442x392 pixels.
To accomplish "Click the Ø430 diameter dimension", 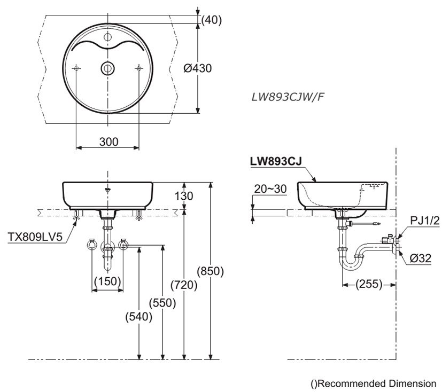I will pyautogui.click(x=197, y=68).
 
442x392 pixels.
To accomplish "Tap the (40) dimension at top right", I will pyautogui.click(x=211, y=20).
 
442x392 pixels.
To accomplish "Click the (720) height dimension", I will pyautogui.click(x=184, y=285).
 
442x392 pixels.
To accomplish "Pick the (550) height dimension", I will pyautogui.click(x=163, y=303).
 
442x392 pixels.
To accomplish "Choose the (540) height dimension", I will pyautogui.click(x=139, y=316).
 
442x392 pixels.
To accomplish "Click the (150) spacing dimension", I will pyautogui.click(x=108, y=281).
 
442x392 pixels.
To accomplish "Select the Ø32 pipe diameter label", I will pyautogui.click(x=422, y=258).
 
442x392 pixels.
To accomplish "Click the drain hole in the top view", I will pyautogui.click(x=107, y=68).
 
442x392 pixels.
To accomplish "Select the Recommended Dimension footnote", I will pyautogui.click(x=373, y=383).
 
